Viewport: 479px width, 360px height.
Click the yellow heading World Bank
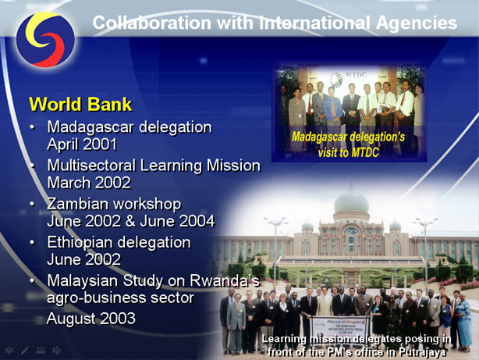coord(80,104)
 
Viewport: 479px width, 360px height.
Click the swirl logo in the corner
coord(45,40)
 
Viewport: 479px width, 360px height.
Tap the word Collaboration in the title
coord(151,23)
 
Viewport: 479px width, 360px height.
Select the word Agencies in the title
coord(417,23)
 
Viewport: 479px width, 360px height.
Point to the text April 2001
coord(82,144)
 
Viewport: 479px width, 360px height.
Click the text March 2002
coord(89,183)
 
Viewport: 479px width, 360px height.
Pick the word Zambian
coord(79,204)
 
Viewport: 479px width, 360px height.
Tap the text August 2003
coord(91,319)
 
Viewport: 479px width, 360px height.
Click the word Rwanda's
coord(225,280)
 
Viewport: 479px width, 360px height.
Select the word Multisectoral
coord(91,166)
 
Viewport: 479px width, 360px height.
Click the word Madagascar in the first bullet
coord(90,127)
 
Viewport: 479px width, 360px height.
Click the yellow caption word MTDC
coord(364,152)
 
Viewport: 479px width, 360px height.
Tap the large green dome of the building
coord(351,201)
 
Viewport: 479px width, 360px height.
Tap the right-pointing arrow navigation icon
coord(56,350)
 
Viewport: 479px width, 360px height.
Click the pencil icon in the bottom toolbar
coord(25,350)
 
